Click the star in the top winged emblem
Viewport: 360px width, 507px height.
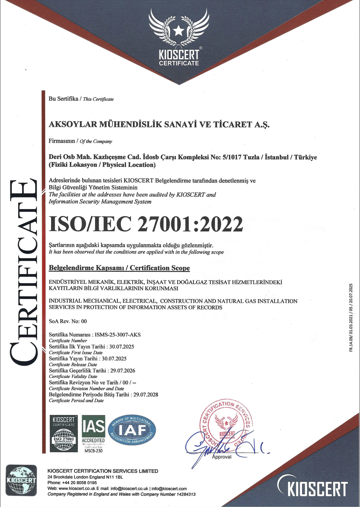point(179,31)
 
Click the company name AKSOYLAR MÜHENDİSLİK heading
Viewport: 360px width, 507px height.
point(159,125)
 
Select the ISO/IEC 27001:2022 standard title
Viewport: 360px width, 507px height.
point(146,224)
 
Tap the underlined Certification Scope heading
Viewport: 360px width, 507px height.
point(119,268)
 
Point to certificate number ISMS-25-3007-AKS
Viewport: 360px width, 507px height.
point(118,335)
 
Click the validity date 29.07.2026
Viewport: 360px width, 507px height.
point(123,371)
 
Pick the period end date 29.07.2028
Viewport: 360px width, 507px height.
point(146,395)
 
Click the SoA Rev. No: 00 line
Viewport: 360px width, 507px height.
point(68,321)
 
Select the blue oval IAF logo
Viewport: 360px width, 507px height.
point(132,430)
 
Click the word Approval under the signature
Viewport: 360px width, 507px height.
point(222,457)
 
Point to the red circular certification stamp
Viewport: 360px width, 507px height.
point(226,426)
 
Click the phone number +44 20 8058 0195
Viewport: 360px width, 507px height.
point(79,483)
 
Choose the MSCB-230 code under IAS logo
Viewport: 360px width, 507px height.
point(94,451)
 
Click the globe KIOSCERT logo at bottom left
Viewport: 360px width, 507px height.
point(21,480)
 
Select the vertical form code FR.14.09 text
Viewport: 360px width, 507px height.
point(351,318)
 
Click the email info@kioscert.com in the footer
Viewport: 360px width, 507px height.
point(169,488)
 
